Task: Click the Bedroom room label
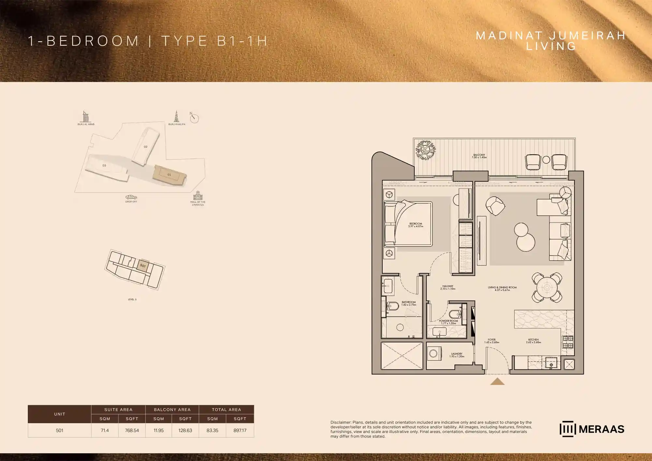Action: click(416, 225)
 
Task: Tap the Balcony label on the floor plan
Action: click(479, 156)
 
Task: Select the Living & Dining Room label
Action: click(502, 289)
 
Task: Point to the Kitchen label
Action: click(533, 341)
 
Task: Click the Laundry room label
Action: click(457, 355)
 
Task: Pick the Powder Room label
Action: click(448, 322)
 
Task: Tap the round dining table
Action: click(547, 288)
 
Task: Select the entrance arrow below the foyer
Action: click(497, 381)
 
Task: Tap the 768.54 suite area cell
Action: click(132, 430)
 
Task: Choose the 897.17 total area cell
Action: click(240, 430)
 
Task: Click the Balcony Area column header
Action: click(172, 409)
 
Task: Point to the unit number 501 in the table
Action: click(59, 430)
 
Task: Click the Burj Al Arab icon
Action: click(85, 117)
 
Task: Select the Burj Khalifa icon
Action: click(176, 116)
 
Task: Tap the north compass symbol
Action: click(194, 118)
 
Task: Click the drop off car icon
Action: click(131, 197)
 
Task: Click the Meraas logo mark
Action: click(568, 429)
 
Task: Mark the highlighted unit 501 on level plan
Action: click(143, 265)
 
